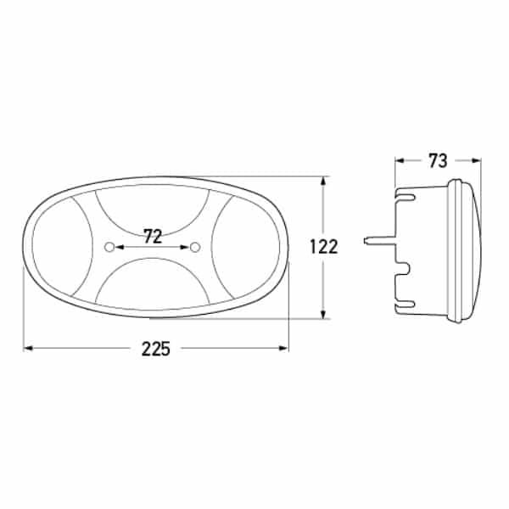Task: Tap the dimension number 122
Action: [x=323, y=248]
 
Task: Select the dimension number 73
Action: [x=438, y=160]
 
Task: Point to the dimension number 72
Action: [x=153, y=238]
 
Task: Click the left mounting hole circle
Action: [x=109, y=247]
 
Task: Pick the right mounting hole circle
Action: [x=196, y=247]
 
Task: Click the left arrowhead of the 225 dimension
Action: [x=27, y=348]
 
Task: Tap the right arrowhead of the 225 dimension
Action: [x=285, y=348]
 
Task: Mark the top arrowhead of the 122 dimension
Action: [x=324, y=181]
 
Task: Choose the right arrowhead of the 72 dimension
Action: [x=187, y=247]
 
